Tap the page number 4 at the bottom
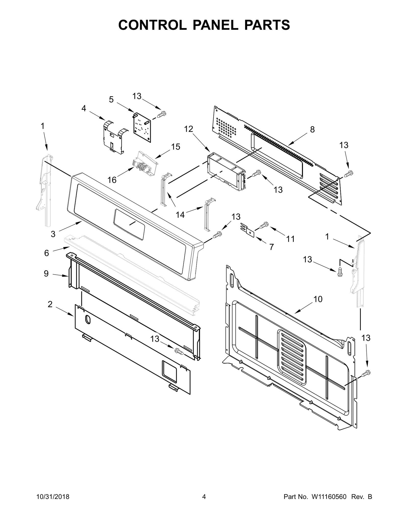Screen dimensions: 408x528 204,502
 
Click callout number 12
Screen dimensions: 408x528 189,129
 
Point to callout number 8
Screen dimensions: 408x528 312,130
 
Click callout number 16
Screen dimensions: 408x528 112,180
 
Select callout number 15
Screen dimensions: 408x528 175,147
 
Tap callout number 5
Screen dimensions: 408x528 111,99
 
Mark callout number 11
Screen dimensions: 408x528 290,239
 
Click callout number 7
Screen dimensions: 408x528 272,247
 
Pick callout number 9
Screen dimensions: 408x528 46,274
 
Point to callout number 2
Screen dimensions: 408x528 50,304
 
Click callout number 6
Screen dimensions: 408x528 46,253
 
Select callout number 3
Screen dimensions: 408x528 53,234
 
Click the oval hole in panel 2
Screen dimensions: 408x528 87,319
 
